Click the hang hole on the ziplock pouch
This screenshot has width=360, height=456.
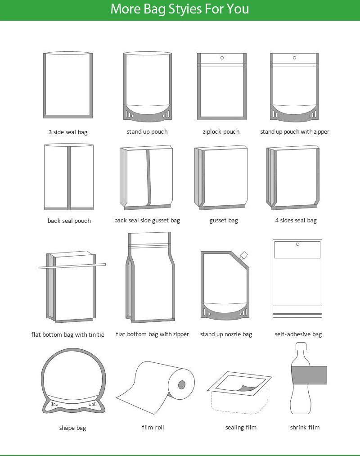[222, 58]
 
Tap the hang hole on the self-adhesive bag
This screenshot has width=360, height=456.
[297, 244]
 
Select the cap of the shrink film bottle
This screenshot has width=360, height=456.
[301, 347]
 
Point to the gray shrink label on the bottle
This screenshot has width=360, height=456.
[309, 375]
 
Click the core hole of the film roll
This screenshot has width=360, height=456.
[182, 385]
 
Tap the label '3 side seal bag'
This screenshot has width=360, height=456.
[68, 132]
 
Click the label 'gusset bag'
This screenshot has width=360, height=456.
[224, 221]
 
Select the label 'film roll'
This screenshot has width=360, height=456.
[153, 427]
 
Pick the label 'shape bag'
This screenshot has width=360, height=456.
[72, 428]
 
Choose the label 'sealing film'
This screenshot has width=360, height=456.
[241, 427]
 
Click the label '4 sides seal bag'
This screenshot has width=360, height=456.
[296, 221]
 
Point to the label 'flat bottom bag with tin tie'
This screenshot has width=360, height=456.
[67, 335]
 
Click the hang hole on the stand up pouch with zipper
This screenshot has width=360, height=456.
[295, 58]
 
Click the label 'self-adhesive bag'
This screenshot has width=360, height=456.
[298, 334]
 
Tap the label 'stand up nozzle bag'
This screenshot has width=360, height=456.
[226, 334]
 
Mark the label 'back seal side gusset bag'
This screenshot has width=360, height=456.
[147, 221]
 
